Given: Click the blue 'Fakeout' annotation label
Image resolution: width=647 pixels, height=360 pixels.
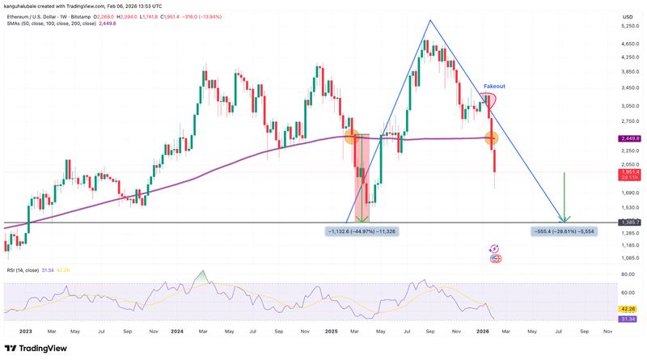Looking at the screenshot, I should (495, 85).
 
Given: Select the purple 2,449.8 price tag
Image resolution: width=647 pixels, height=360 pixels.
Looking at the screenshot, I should (628, 138).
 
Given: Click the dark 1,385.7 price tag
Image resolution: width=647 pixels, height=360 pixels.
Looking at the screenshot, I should (628, 222).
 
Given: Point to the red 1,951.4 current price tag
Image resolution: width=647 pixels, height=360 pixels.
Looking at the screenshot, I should (628, 172).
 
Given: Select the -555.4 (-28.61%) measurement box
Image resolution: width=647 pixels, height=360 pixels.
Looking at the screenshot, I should (565, 231).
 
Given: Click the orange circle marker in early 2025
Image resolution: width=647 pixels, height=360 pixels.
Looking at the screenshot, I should (353, 138).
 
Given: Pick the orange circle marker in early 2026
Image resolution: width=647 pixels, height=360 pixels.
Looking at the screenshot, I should (491, 138).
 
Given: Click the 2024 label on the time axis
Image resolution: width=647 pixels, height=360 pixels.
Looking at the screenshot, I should (179, 331).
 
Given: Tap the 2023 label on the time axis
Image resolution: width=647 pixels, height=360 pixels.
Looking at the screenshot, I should (25, 331).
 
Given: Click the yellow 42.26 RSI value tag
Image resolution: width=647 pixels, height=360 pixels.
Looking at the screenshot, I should (628, 308).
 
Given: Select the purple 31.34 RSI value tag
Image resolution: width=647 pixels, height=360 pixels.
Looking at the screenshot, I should (628, 319).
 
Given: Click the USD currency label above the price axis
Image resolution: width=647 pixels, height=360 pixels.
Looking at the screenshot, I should (627, 16).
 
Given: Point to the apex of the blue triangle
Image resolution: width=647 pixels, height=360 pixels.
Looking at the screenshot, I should (430, 20).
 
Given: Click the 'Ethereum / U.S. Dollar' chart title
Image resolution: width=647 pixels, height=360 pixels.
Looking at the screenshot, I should (45, 14).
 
